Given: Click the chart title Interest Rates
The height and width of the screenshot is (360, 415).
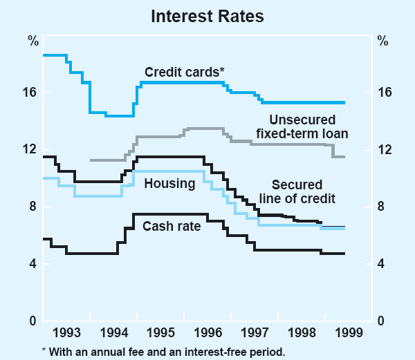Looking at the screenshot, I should [207, 16].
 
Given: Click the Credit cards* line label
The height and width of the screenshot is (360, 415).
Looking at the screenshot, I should [185, 71].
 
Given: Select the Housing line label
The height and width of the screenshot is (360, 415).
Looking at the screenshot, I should [169, 184].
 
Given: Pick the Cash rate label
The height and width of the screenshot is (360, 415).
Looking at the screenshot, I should [172, 226].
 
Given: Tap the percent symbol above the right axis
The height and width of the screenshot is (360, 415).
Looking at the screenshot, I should [382, 39].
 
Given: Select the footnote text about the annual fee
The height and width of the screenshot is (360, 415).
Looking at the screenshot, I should [163, 351].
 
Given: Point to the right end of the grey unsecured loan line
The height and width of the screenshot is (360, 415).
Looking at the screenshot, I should [344, 157].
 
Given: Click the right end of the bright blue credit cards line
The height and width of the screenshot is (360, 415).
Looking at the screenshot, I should [344, 102].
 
